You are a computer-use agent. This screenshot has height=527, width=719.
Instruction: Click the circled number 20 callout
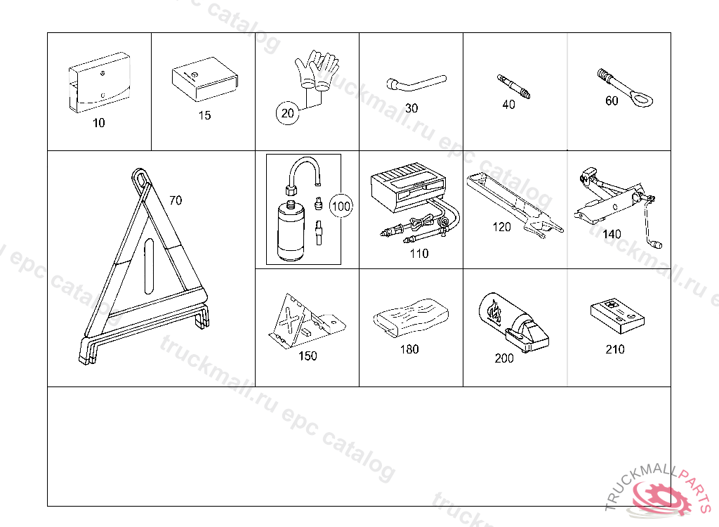[287, 113]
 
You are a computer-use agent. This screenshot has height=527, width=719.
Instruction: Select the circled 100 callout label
[341, 206]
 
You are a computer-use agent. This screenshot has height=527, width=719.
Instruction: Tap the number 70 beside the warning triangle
[176, 200]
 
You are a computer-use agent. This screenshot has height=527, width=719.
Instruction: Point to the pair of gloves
[317, 69]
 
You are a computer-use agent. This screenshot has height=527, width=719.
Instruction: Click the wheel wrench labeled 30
[415, 84]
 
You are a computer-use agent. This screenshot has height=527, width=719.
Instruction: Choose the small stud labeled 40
[513, 86]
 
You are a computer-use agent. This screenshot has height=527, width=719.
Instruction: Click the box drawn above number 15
[205, 79]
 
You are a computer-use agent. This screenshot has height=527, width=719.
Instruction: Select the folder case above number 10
[100, 82]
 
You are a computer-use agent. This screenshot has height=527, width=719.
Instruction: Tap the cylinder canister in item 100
[291, 230]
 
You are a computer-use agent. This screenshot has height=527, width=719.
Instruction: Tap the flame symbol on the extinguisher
[495, 311]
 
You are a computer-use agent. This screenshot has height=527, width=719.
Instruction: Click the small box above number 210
[617, 315]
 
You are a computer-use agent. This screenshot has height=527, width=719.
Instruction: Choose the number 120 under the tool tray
[501, 227]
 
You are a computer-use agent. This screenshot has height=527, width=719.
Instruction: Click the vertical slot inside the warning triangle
[149, 266]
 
